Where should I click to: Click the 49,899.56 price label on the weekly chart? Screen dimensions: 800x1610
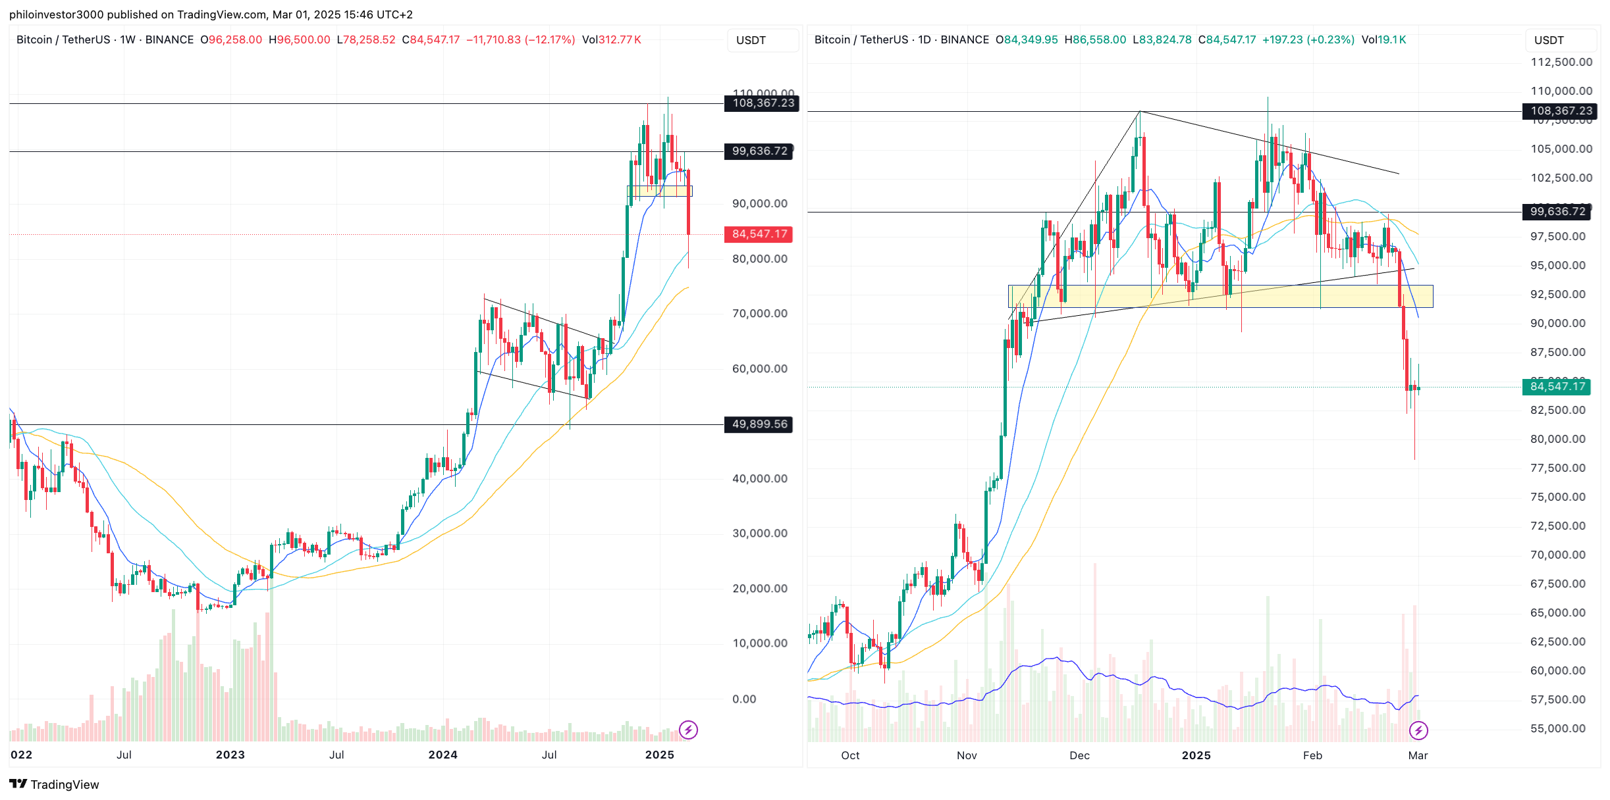759,424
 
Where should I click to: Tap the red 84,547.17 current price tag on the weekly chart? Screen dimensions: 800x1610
759,234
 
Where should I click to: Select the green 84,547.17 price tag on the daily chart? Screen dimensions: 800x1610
1557,387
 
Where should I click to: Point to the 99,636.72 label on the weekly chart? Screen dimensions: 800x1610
759,151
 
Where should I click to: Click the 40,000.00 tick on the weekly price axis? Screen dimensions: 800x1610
759,478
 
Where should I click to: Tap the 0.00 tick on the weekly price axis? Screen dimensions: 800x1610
744,699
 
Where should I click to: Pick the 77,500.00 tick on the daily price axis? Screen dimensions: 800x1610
1557,468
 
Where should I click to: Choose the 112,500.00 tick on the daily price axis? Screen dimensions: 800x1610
1561,62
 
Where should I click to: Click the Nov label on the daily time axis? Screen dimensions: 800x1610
966,755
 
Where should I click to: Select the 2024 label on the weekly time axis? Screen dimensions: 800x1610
443,755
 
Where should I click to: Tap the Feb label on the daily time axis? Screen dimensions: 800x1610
1312,755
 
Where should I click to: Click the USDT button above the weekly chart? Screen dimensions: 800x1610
751,40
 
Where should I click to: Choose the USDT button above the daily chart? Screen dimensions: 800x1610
1549,40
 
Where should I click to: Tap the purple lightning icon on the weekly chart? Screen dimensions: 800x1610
688,730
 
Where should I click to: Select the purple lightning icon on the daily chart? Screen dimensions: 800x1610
1418,730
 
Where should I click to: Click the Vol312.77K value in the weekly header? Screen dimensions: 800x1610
611,39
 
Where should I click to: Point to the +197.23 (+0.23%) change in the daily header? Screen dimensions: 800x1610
1308,39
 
